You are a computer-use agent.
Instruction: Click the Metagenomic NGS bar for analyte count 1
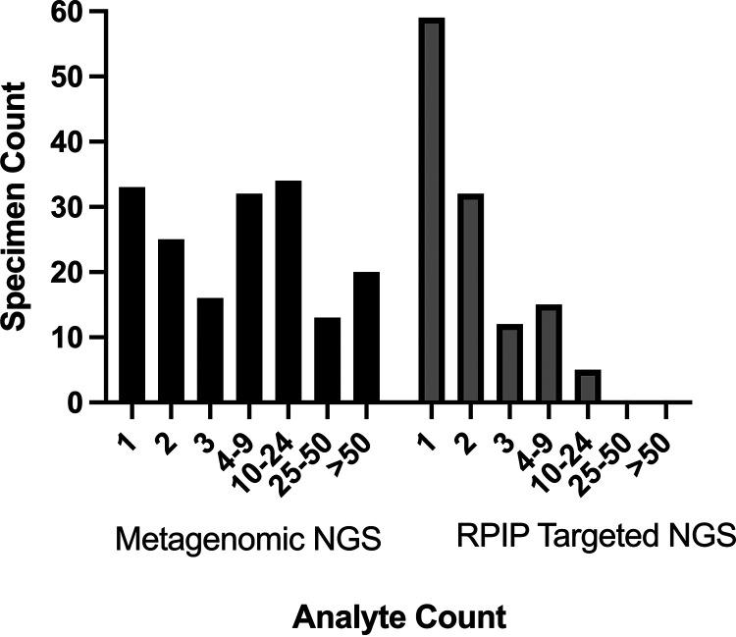131,294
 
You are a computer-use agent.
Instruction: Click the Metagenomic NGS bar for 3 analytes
210,349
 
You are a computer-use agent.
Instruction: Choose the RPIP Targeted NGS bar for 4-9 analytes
549,353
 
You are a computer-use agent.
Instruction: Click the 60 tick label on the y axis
64,13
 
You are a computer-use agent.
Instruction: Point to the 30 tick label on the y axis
64,207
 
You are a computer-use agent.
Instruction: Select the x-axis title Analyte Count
398,617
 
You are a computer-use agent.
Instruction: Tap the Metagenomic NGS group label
247,539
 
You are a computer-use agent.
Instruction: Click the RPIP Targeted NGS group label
595,537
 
